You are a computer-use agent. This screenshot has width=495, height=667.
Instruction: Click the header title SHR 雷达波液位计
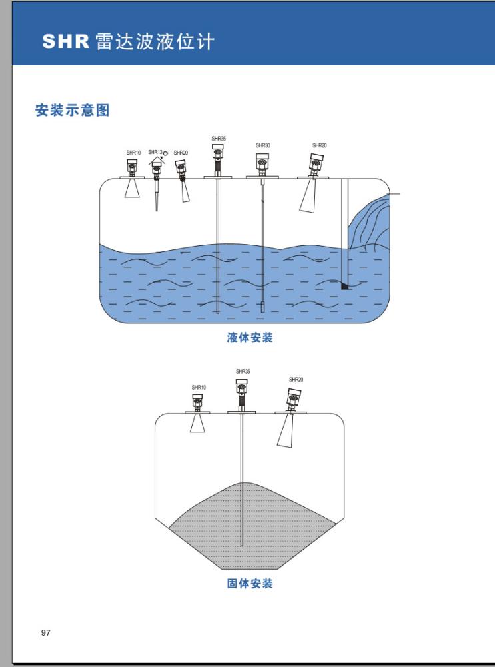[129, 41]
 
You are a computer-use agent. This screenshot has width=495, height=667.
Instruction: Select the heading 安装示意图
[72, 111]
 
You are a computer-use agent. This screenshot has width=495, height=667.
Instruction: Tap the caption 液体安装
[250, 338]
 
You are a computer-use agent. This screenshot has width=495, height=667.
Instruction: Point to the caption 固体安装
[250, 584]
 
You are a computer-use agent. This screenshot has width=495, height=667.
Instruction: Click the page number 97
[46, 632]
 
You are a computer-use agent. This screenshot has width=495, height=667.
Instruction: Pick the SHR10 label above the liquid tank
[133, 153]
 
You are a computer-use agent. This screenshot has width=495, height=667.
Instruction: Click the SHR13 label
[155, 152]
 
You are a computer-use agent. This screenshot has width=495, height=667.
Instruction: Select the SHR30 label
[262, 145]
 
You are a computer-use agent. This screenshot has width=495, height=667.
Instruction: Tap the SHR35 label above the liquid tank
[219, 139]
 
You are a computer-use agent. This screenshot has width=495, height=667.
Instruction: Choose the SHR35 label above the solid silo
[243, 371]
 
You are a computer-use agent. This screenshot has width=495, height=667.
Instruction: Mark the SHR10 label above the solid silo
[199, 387]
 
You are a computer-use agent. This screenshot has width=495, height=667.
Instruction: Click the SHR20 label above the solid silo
[296, 380]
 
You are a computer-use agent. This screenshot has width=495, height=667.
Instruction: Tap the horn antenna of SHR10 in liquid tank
[133, 189]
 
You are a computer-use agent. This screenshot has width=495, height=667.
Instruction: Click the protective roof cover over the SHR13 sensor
[157, 161]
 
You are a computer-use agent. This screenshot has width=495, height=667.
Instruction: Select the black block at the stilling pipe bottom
[344, 286]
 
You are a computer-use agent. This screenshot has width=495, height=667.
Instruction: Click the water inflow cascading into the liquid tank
[370, 223]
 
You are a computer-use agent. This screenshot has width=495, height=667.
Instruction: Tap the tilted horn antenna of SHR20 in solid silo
[288, 431]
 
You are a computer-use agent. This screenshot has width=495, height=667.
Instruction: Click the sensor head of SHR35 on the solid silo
[242, 386]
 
